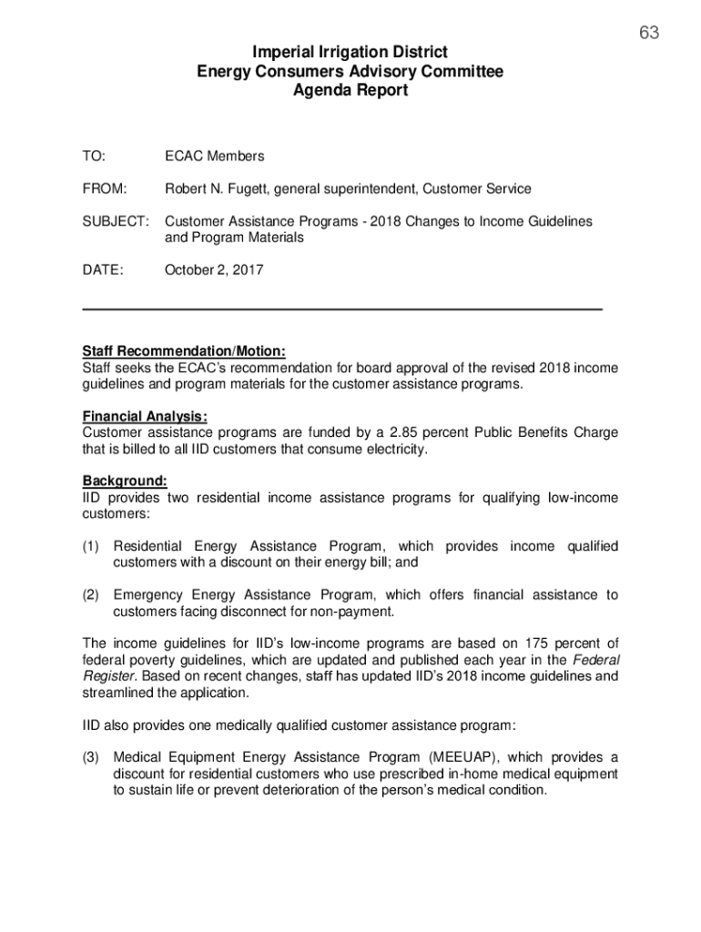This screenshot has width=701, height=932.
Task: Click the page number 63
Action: (x=648, y=34)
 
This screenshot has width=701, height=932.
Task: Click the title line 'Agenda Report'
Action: (x=350, y=90)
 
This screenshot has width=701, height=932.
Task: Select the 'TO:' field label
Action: (x=94, y=156)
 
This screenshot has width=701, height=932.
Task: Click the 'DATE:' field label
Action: (x=103, y=269)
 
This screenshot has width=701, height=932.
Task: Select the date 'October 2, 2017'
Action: (x=214, y=269)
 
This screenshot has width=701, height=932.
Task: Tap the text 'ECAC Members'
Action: (x=215, y=156)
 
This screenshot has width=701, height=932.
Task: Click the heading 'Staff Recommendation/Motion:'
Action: (x=185, y=351)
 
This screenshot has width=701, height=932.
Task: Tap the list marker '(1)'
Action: (x=91, y=546)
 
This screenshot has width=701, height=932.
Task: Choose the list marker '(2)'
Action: (x=91, y=595)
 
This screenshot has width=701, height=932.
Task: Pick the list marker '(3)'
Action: (x=91, y=757)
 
